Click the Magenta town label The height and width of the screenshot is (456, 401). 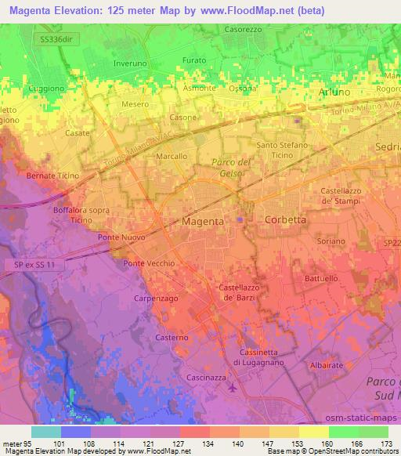(x=203, y=222)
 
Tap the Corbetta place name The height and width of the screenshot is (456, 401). (x=286, y=220)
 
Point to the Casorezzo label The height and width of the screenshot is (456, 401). (x=243, y=29)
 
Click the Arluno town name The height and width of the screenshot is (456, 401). (x=335, y=92)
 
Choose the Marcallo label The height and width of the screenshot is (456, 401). (x=172, y=157)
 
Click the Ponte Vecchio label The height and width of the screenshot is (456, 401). (x=148, y=263)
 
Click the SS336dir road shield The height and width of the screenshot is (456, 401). (x=60, y=37)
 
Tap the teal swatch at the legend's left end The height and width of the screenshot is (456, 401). (x=46, y=432)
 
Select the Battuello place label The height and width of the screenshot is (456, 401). (x=321, y=278)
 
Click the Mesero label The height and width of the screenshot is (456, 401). (x=135, y=103)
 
